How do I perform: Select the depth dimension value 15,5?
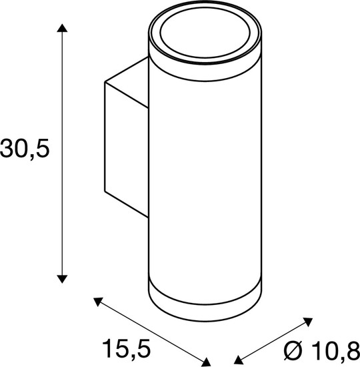[x=126, y=347]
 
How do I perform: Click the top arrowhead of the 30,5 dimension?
[x=62, y=28]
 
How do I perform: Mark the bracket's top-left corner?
[x=105, y=83]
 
